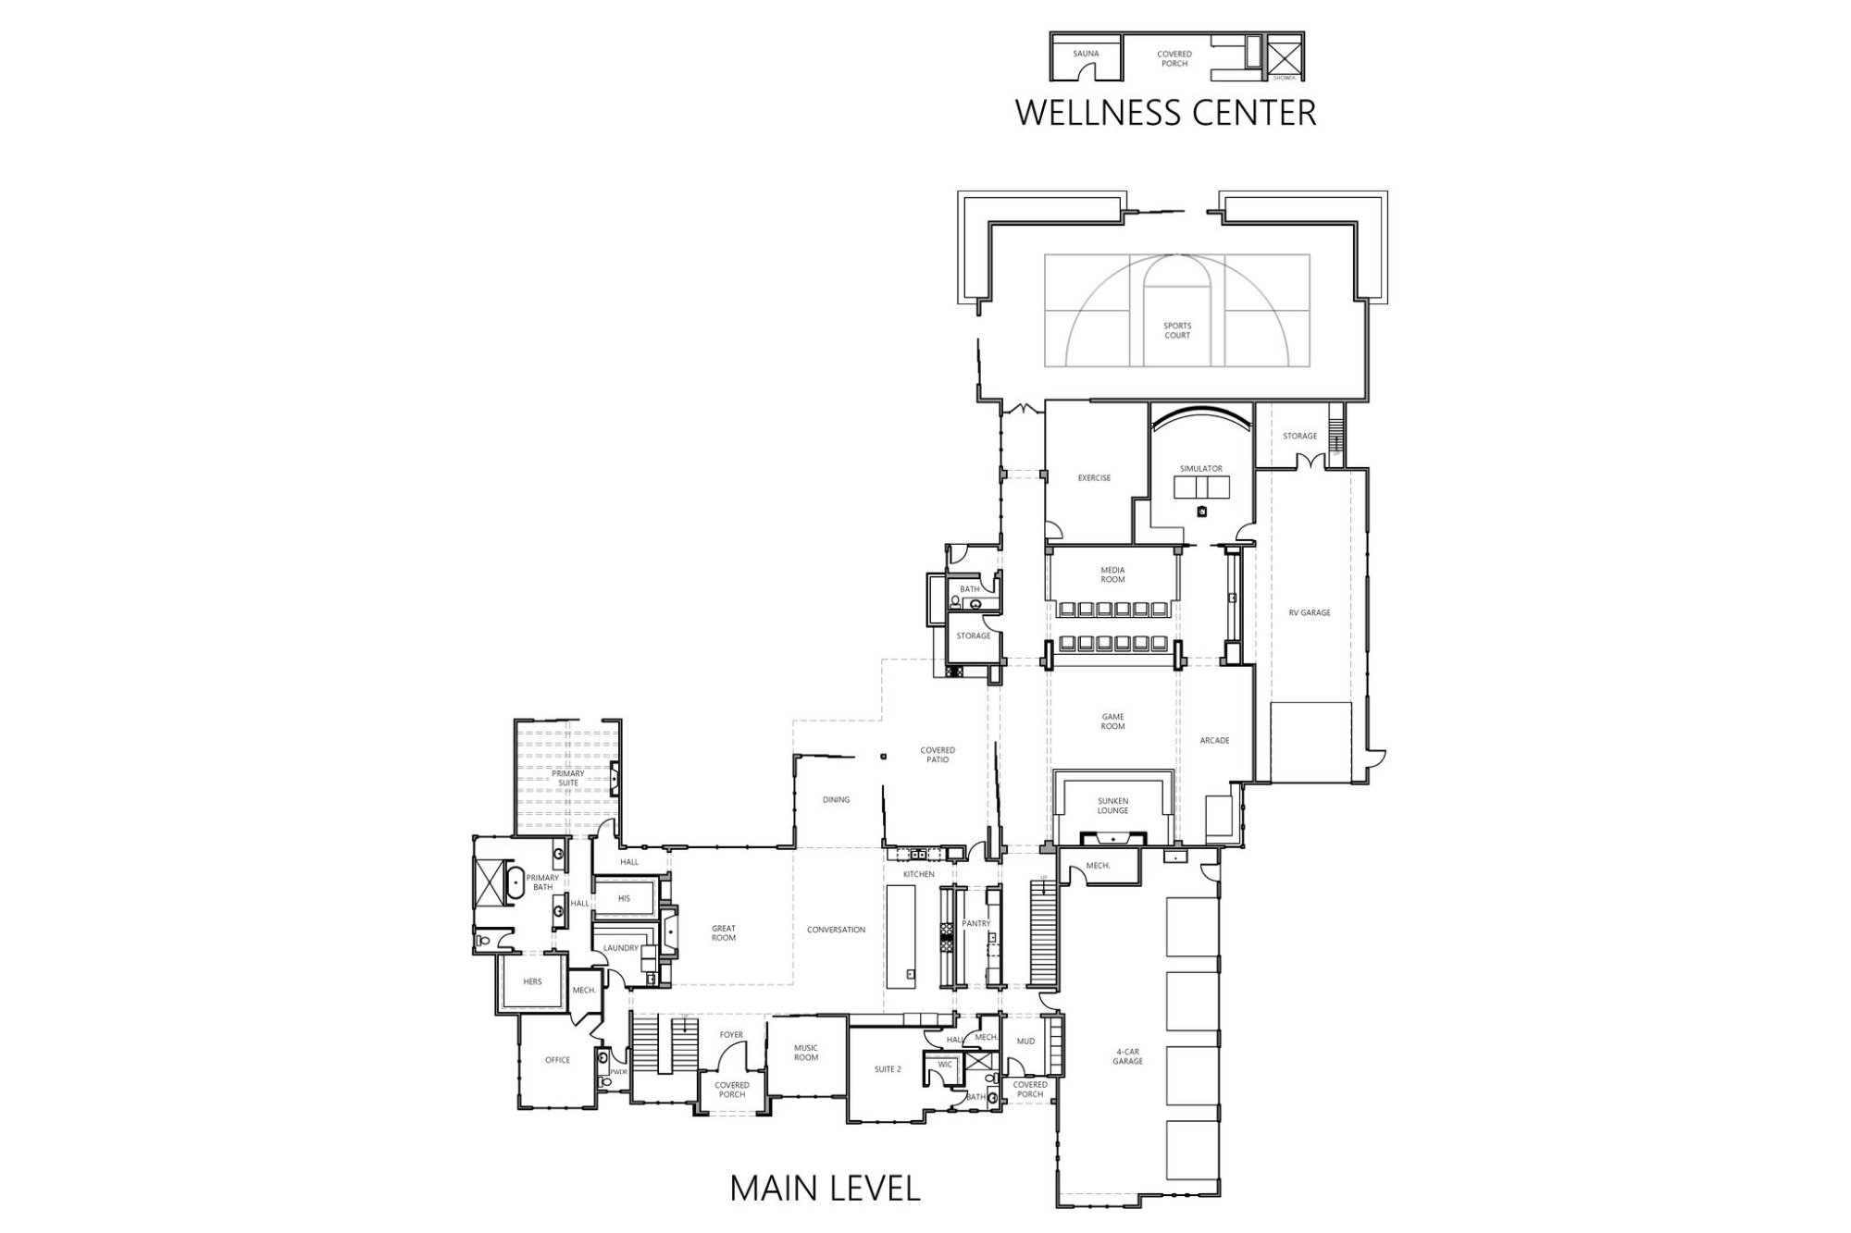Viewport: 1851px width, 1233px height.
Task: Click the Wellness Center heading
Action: pyautogui.click(x=1165, y=112)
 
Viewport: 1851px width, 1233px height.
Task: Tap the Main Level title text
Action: pyautogui.click(x=825, y=1188)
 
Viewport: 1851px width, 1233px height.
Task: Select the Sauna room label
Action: pyautogui.click(x=1086, y=54)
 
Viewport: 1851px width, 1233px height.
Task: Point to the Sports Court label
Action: pyautogui.click(x=1177, y=330)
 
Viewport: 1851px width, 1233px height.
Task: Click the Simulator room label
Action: pyautogui.click(x=1200, y=469)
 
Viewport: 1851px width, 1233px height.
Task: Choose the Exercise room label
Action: pyautogui.click(x=1094, y=478)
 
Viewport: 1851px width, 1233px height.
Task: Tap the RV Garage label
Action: pyautogui.click(x=1310, y=612)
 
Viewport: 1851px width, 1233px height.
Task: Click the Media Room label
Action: pyautogui.click(x=1112, y=574)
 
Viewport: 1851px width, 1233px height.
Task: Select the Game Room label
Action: pyautogui.click(x=1112, y=721)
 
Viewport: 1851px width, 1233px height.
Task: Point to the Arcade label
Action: pyautogui.click(x=1214, y=740)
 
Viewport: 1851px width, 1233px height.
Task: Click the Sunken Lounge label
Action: pyautogui.click(x=1112, y=806)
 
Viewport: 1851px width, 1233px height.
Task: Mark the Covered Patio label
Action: pyautogui.click(x=938, y=755)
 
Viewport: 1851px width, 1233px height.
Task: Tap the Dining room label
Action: pyautogui.click(x=836, y=800)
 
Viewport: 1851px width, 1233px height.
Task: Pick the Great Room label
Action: pyautogui.click(x=724, y=933)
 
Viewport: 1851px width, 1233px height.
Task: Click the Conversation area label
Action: pyautogui.click(x=836, y=930)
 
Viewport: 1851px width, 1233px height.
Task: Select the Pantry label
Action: pyautogui.click(x=976, y=923)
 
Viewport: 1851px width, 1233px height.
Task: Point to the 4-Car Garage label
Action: pyautogui.click(x=1127, y=1056)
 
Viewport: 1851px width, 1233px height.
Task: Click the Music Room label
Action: pyautogui.click(x=806, y=1053)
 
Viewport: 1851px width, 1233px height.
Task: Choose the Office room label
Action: pyautogui.click(x=557, y=1060)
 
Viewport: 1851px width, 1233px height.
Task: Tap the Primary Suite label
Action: pyautogui.click(x=568, y=778)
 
